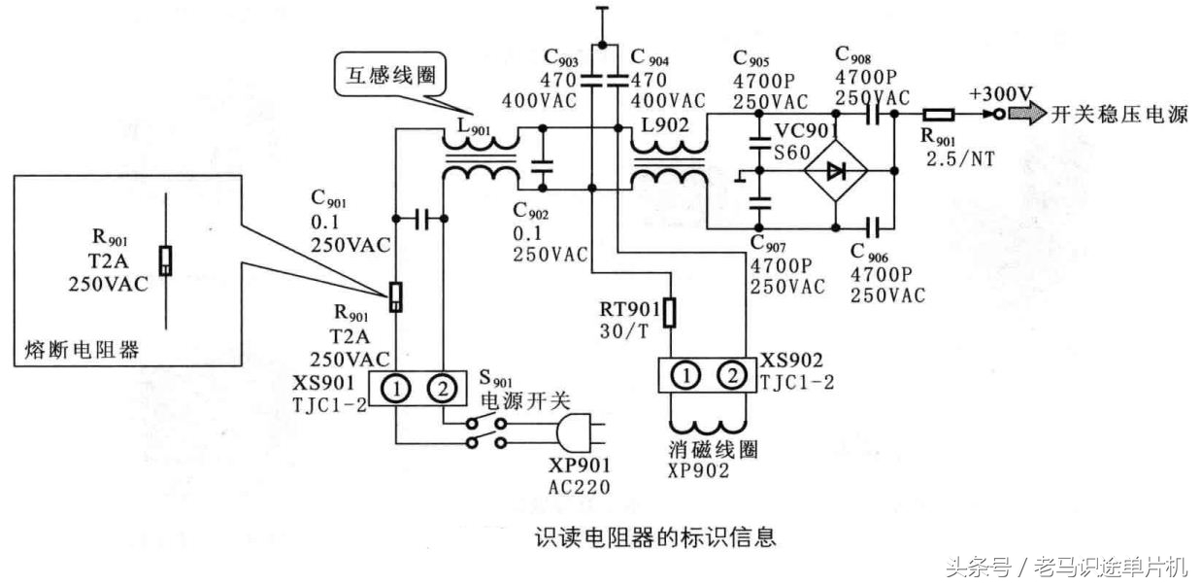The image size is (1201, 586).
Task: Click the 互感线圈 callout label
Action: tap(385, 74)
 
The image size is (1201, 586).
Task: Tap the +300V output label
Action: tap(1000, 94)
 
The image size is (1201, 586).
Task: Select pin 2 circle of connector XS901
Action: tap(442, 389)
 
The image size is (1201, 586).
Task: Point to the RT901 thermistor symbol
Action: tap(669, 312)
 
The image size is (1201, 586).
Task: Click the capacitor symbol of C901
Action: tap(419, 219)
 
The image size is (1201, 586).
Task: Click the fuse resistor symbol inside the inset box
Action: tap(166, 260)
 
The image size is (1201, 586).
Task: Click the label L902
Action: tap(663, 124)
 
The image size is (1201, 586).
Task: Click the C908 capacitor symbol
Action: tap(870, 114)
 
